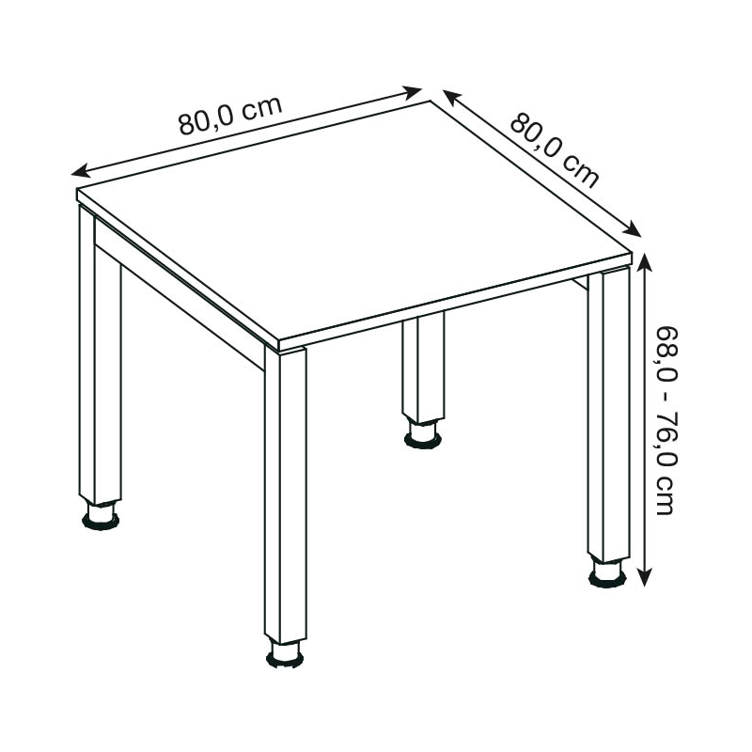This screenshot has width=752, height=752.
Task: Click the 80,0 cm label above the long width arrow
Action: (x=230, y=116)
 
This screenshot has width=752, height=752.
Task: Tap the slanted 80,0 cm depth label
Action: (x=555, y=149)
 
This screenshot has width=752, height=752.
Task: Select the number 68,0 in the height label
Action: (x=666, y=354)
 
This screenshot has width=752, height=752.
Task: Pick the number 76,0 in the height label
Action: (x=666, y=438)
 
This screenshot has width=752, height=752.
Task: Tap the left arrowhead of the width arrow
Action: (x=80, y=171)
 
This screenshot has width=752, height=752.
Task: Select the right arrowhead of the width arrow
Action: (x=413, y=92)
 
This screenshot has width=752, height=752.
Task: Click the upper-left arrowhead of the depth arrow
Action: (x=451, y=97)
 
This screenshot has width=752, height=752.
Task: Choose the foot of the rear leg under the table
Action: (x=423, y=434)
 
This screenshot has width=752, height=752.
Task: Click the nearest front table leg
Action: (x=286, y=494)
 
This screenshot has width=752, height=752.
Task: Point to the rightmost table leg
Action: (x=608, y=415)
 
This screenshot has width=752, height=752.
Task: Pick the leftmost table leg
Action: (x=100, y=355)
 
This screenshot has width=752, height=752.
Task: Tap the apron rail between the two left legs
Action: (x=180, y=294)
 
